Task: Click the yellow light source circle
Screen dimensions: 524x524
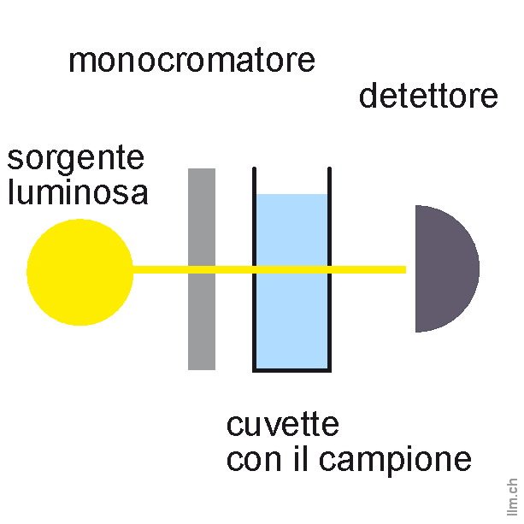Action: click(79, 272)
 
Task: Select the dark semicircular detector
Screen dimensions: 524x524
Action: click(445, 268)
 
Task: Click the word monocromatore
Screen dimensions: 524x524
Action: click(191, 61)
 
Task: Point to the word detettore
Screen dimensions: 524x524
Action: click(428, 96)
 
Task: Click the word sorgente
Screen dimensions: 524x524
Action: click(75, 160)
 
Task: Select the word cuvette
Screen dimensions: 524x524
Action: click(282, 424)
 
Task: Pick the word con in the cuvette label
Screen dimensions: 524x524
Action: click(252, 460)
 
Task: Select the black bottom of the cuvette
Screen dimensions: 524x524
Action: click(291, 369)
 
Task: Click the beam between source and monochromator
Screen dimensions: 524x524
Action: click(161, 269)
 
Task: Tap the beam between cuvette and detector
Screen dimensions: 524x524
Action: click(368, 269)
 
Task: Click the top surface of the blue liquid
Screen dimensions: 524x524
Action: click(291, 196)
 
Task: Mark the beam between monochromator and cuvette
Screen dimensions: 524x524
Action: click(234, 269)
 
